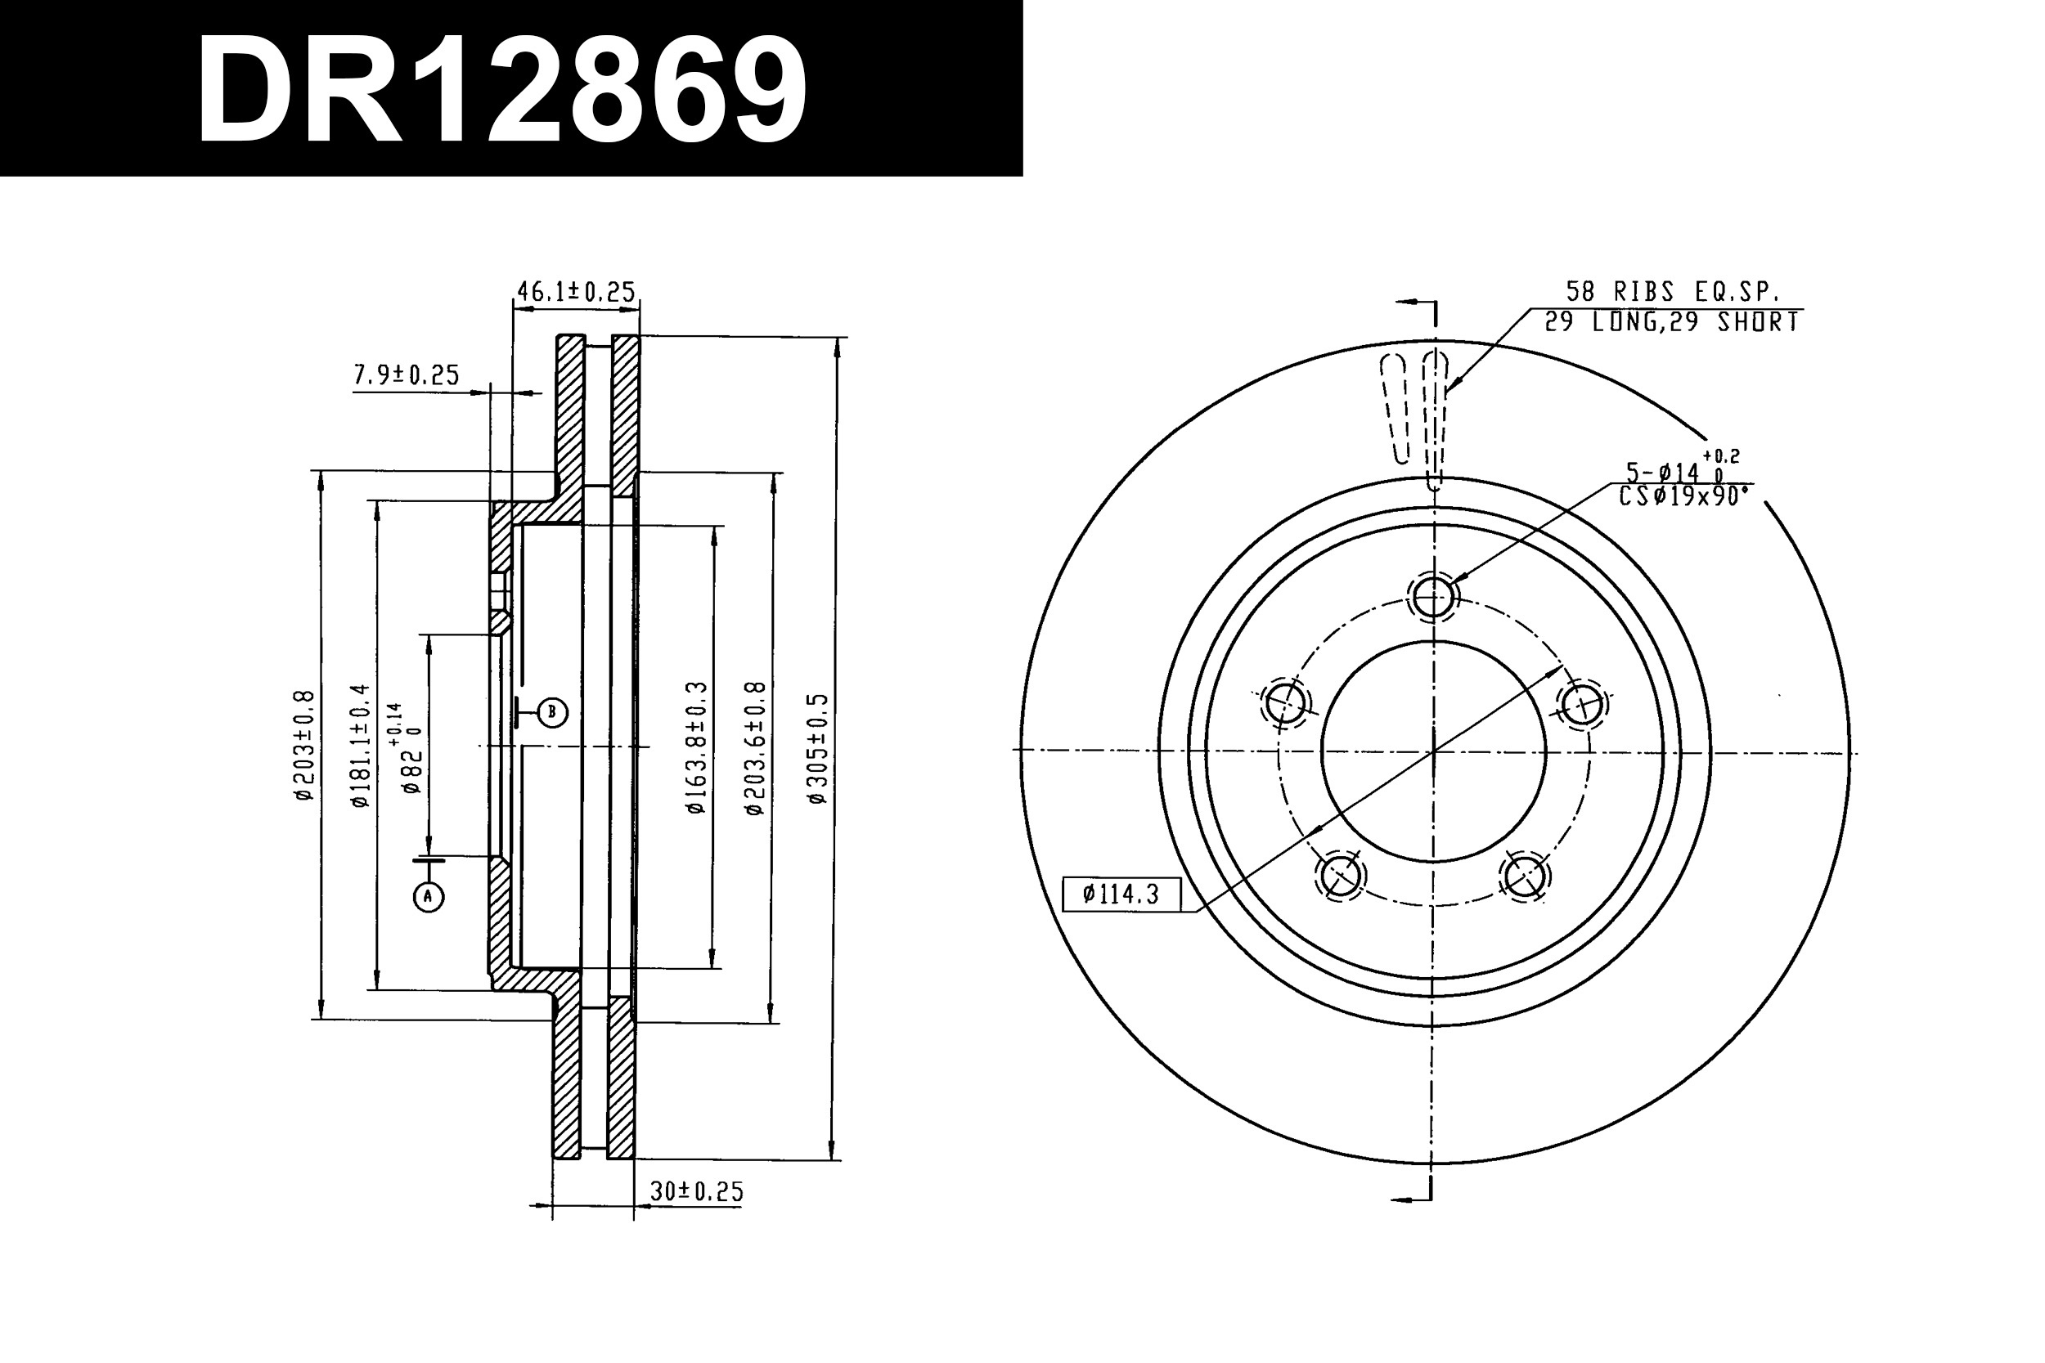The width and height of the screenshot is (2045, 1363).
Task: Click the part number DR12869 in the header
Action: pyautogui.click(x=502, y=91)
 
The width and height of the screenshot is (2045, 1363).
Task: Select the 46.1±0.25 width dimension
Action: pyautogui.click(x=576, y=291)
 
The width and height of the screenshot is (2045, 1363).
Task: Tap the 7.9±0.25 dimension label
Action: pyautogui.click(x=406, y=374)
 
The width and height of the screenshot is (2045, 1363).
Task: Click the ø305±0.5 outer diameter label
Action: pyautogui.click(x=818, y=748)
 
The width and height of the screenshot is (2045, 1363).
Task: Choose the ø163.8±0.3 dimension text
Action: pyautogui.click(x=696, y=748)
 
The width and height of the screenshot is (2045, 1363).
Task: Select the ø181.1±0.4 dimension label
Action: pyautogui.click(x=360, y=746)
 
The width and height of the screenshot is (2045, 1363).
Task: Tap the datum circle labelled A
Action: pyautogui.click(x=428, y=896)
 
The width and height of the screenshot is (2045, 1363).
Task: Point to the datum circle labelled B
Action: pyautogui.click(x=552, y=712)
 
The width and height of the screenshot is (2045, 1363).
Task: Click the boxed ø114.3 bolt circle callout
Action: pyautogui.click(x=1121, y=894)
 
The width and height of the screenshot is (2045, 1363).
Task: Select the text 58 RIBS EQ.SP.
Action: pyautogui.click(x=1672, y=291)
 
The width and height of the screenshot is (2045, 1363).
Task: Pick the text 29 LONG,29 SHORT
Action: pyautogui.click(x=1671, y=322)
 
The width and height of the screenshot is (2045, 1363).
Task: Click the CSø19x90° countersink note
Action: pyautogui.click(x=1683, y=497)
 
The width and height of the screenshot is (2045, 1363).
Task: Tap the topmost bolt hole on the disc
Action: pyautogui.click(x=1433, y=596)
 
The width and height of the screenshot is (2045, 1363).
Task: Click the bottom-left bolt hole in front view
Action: pyautogui.click(x=1340, y=875)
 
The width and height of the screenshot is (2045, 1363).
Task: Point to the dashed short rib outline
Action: pyautogui.click(x=1394, y=409)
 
